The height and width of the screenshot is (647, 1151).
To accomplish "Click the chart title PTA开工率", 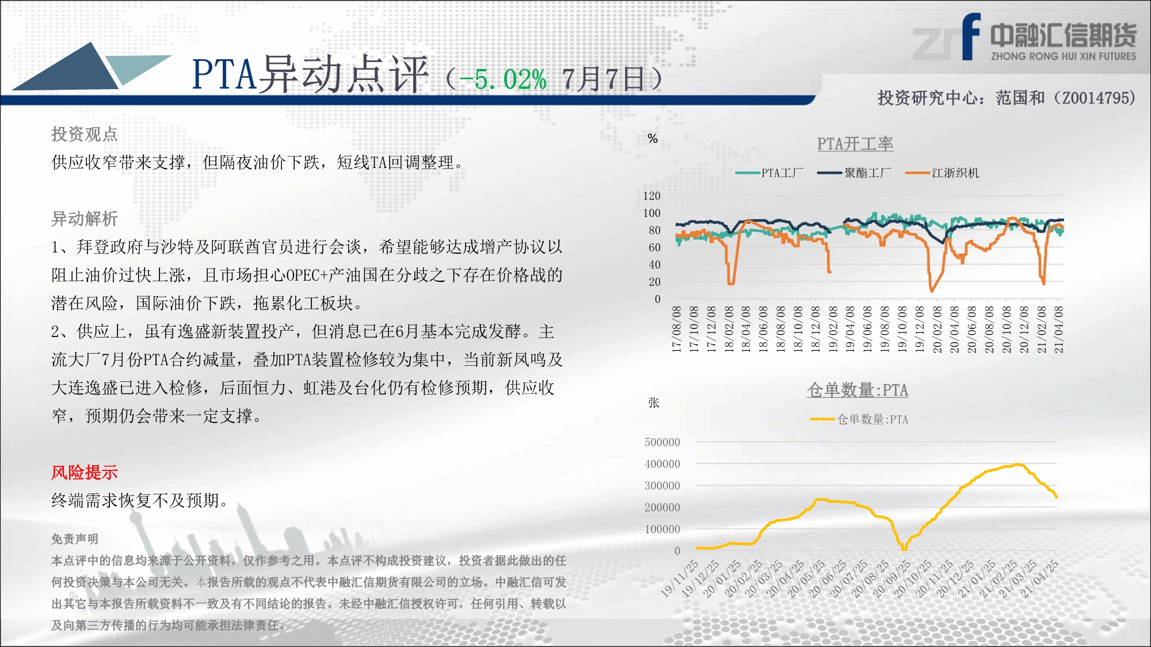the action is tap(855, 144).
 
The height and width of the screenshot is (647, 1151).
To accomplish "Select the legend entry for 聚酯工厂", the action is tap(854, 173).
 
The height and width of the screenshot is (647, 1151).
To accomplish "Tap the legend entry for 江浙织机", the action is tap(942, 173).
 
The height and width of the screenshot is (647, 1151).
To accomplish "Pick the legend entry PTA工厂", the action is tap(769, 173).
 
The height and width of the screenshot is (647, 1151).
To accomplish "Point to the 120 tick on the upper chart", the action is tap(651, 196).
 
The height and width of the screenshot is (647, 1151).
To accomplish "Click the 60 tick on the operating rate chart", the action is tap(654, 247).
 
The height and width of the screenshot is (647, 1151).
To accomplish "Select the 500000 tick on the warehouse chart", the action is tap(662, 442).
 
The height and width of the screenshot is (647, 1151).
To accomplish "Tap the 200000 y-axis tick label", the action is tap(662, 507).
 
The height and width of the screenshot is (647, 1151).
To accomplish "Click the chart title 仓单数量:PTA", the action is tap(857, 390).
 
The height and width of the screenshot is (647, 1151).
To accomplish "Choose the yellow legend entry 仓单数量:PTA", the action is tap(859, 419).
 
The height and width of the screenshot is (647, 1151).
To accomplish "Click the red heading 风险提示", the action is tap(84, 472).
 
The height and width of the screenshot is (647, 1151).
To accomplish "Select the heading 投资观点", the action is tap(84, 134).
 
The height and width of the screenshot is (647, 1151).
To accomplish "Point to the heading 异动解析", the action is tap(84, 219).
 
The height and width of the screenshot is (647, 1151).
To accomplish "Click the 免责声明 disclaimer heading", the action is tap(75, 539).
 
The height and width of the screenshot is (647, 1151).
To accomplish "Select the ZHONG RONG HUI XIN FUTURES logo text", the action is tap(1064, 56).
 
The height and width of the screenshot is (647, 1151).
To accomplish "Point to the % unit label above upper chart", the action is tap(653, 139).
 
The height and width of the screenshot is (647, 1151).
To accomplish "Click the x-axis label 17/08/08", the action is tap(677, 329).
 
